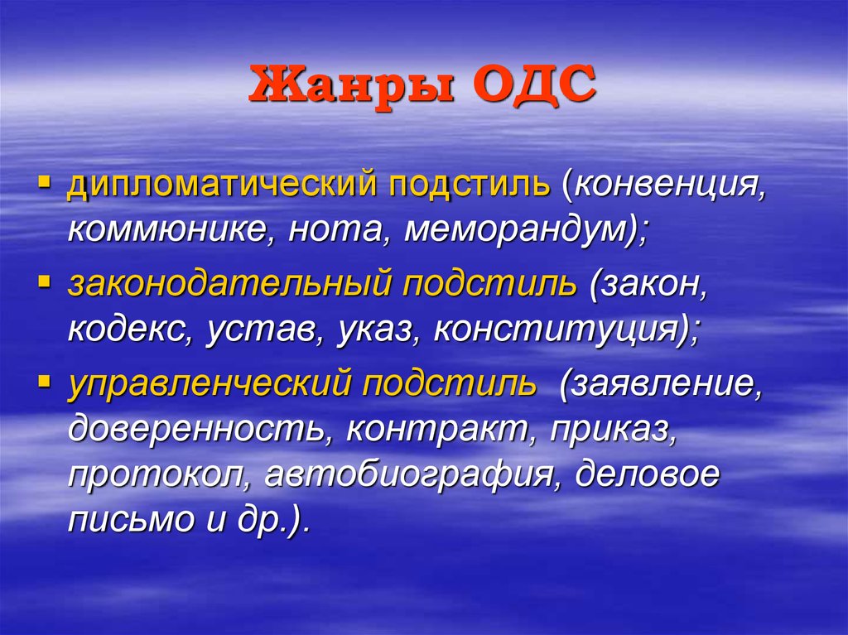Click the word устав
pyautogui.click(x=265, y=330)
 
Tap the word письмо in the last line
pyautogui.click(x=131, y=519)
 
